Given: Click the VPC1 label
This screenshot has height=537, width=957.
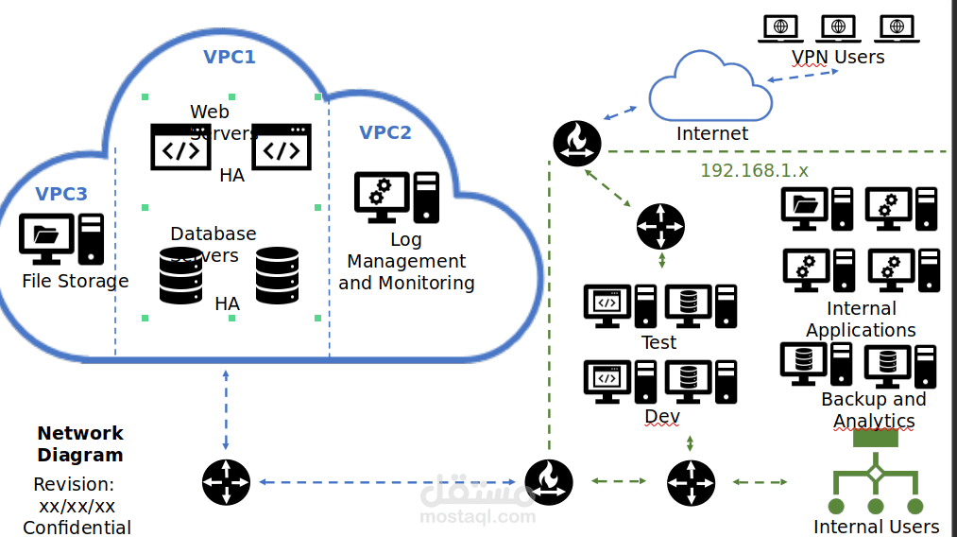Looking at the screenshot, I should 230,57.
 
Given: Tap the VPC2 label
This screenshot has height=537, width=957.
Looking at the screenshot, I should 385,132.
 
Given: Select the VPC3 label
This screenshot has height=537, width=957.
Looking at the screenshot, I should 61,194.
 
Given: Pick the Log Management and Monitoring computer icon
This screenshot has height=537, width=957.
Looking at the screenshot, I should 396,199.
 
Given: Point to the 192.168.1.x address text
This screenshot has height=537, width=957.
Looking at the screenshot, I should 754,171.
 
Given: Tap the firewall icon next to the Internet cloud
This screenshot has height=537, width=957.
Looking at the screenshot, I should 577,143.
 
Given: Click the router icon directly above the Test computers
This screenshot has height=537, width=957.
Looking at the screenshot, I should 660,227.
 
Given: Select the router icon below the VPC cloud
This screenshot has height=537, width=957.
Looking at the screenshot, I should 226,482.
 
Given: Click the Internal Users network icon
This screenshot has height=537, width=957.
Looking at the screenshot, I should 875,477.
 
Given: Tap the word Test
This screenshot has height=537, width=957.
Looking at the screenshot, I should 658,342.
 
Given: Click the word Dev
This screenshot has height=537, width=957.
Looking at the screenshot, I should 661,416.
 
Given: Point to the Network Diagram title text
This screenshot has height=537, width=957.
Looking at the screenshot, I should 80,443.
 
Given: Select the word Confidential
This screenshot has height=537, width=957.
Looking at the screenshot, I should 77,528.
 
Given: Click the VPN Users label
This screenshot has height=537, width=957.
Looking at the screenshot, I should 838,57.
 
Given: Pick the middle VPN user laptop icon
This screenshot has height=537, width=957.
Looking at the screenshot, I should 838,27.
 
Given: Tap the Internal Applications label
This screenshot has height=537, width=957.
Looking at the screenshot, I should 861,320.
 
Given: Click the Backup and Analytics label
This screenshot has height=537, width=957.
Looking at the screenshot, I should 874,410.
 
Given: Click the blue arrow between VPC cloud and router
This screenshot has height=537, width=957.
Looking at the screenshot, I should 226,409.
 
